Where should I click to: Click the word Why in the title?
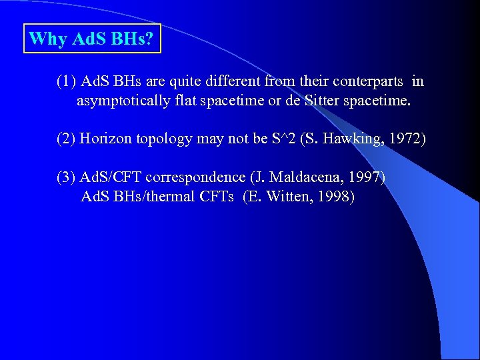(x=47, y=39)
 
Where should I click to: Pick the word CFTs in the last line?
(x=219, y=197)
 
